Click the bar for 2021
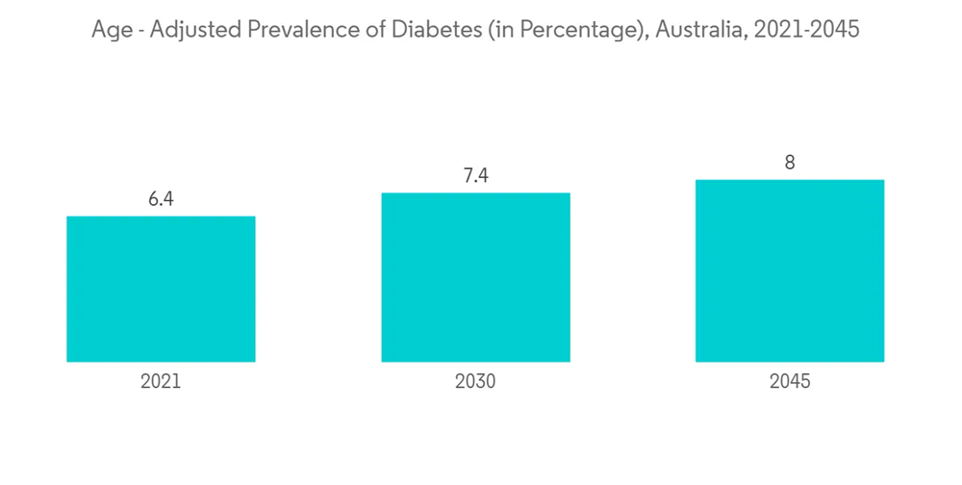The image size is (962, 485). [161, 289]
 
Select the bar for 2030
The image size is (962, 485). [475, 277]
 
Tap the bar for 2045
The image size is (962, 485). [790, 270]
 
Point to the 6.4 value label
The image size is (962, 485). [161, 200]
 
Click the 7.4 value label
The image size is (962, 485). [475, 177]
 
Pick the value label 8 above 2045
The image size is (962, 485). [790, 164]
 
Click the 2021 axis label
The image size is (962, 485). [161, 382]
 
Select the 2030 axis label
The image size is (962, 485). [475, 382]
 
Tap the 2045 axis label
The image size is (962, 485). [790, 382]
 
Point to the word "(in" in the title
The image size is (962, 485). [504, 31]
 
